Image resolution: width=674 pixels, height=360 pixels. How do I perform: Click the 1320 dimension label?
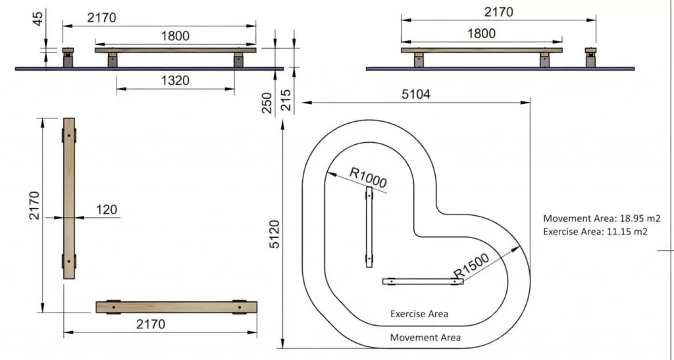175,81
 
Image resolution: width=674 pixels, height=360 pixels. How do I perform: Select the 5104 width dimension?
416,94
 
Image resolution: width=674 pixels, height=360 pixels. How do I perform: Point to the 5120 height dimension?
275,234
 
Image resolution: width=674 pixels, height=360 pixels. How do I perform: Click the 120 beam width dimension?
105,210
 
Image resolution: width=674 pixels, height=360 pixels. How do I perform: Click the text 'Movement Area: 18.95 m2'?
601,219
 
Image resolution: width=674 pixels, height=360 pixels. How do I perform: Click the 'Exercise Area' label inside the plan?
419,314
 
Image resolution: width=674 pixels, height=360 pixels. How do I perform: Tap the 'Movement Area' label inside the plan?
425,338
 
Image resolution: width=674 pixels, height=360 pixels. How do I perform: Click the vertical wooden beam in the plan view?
69,198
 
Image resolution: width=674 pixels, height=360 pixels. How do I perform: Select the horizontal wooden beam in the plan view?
176,307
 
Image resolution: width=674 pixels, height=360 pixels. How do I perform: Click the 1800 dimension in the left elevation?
175,37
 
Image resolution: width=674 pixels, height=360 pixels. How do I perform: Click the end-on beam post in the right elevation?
590,58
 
